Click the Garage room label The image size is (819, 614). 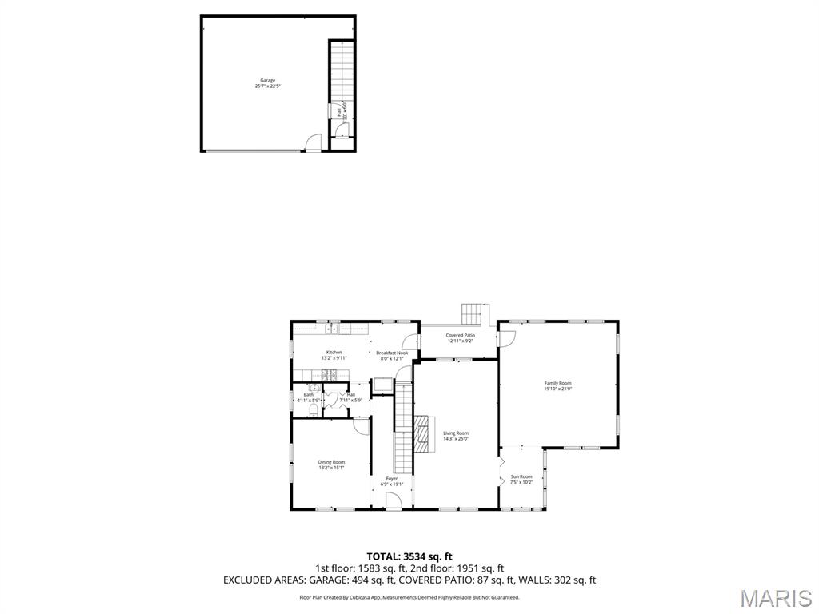267,82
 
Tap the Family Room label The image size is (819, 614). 557,385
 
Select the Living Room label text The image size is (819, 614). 456,435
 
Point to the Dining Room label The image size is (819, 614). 331,464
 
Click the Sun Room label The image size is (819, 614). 521,479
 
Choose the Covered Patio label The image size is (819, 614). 460,338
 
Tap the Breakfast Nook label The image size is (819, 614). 392,355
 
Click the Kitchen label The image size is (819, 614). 334,354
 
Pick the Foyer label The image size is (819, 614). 392,480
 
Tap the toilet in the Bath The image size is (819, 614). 311,410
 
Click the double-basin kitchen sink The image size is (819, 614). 334,328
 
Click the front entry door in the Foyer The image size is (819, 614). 393,501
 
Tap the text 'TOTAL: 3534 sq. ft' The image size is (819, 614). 409,556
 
